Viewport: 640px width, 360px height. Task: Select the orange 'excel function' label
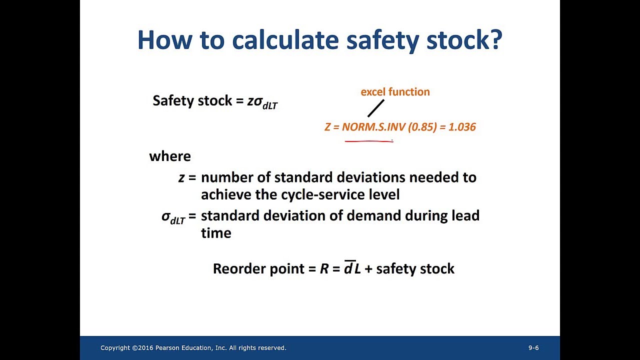coord(395,92)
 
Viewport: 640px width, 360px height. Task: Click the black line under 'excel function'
coord(376,108)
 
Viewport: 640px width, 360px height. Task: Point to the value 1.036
coord(462,127)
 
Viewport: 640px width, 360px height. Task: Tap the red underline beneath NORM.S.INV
coord(369,141)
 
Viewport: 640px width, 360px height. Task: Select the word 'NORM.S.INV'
coord(373,127)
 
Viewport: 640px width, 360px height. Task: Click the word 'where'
coord(170,156)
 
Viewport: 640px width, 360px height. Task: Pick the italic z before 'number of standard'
coord(181,177)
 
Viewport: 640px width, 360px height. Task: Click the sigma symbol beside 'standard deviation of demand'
coord(166,216)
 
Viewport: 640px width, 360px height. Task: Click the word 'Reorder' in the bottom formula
coord(237,268)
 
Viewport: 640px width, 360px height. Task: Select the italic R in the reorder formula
coord(324,268)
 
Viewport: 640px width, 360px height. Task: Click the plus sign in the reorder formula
coord(368,269)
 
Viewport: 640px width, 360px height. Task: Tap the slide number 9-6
coord(533,348)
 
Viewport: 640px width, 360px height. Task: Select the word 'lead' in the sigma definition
coord(465,215)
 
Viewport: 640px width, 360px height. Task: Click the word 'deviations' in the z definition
coord(371,177)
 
